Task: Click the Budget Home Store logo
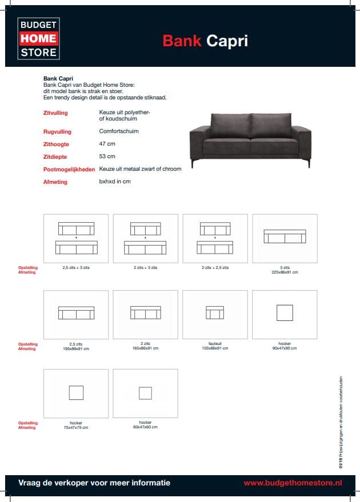tap(38, 38)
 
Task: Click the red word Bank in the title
tap(182, 41)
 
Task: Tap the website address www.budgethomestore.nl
tap(293, 483)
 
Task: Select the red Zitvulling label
tap(55, 114)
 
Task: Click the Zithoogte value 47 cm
tap(107, 144)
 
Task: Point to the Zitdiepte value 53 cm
tap(107, 156)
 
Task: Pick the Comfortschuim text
tap(119, 131)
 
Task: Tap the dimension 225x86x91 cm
tap(285, 272)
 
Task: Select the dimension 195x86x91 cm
tap(76, 348)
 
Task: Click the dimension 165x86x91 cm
tap(145, 348)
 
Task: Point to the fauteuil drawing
tap(215, 313)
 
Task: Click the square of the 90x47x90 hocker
tap(285, 313)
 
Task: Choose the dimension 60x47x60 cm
tap(145, 427)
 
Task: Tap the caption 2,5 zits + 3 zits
tap(76, 267)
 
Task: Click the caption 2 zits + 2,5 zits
tap(215, 267)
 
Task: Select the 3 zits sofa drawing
tap(285, 236)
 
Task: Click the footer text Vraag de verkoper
tap(94, 483)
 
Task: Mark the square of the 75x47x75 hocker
tap(76, 392)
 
